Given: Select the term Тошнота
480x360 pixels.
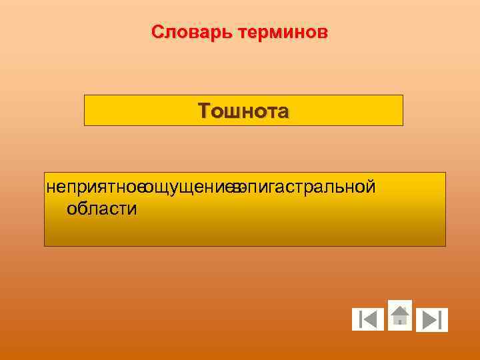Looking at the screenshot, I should [243, 111].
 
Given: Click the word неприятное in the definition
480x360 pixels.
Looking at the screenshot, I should [95, 187].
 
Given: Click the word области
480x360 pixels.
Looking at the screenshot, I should [102, 209].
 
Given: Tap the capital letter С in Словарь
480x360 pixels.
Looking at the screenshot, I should [157, 32].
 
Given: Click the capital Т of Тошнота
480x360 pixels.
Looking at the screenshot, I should [203, 111].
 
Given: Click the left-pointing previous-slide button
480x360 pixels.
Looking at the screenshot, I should [368, 320].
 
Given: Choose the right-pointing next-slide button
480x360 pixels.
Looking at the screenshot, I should [431, 320].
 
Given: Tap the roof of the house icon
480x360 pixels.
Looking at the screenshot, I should [399, 309].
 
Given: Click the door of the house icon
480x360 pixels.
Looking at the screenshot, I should [399, 319].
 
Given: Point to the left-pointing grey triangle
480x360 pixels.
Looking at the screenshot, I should [371, 320].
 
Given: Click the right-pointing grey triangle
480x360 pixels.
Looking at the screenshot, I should [429, 320].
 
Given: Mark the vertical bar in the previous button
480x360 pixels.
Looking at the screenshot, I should [360, 320].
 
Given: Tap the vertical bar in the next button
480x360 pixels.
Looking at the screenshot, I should [440, 320].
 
